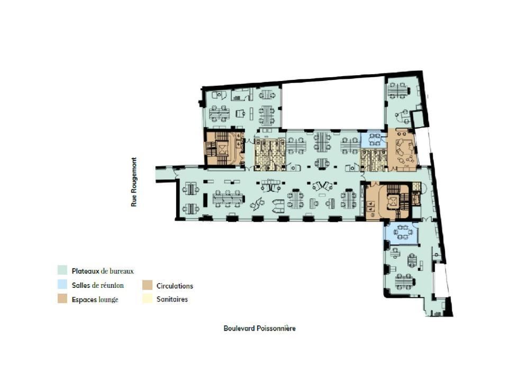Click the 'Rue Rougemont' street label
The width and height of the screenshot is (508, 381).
134,181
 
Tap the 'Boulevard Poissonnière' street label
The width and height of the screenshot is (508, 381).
259,329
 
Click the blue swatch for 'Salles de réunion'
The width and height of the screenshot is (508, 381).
63,285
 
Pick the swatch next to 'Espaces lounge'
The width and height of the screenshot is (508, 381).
63,300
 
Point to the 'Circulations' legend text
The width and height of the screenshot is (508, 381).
175,286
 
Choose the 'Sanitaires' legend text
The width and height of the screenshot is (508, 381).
172,300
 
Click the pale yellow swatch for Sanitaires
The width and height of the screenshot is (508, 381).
148,300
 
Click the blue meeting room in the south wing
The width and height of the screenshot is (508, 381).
401,232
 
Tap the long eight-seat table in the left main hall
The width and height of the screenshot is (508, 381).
228,199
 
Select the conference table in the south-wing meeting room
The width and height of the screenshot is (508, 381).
402,231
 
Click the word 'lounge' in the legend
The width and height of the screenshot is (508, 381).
107,300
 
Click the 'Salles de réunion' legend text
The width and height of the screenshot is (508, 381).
98,286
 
